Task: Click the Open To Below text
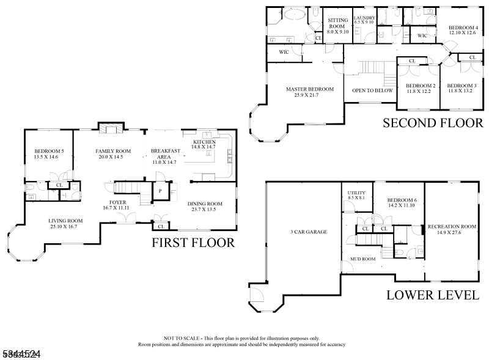click(x=372, y=90)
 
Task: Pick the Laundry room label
click(x=364, y=18)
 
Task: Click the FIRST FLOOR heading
click(x=193, y=243)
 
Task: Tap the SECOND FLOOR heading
click(x=433, y=122)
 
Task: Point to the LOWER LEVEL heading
click(x=432, y=295)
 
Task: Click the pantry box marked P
click(x=160, y=191)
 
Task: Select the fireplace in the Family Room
click(x=109, y=128)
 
